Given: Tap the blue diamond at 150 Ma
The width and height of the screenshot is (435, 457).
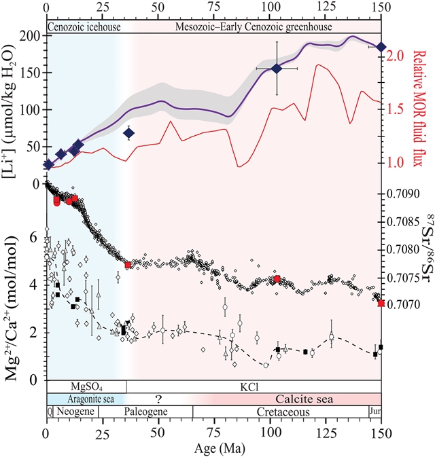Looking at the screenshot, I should pos(381,47).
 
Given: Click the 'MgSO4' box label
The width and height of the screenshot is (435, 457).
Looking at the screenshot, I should pos(85,386).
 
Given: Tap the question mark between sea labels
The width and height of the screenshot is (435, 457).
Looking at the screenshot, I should pos(159,399).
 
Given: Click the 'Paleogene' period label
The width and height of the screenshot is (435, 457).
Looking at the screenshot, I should pos(145,412).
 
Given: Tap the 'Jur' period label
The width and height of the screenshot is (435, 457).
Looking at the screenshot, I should pos(375,412).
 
